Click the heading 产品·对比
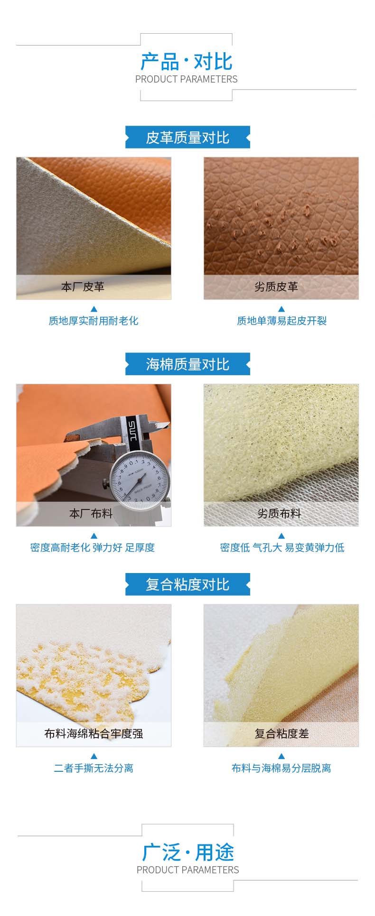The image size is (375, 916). tap(187, 62)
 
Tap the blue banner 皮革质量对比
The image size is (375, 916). tap(187, 138)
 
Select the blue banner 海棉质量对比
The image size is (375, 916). tap(187, 364)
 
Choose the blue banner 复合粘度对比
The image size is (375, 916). tap(187, 584)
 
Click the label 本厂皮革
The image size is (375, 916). tap(83, 287)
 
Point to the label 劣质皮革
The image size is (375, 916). tap(276, 287)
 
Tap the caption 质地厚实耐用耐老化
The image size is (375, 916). tap(94, 321)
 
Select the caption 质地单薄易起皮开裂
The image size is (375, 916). tap(282, 321)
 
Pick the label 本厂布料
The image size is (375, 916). tap(91, 513)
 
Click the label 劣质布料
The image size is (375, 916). tap(279, 513)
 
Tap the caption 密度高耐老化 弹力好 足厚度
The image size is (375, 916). tap(93, 547)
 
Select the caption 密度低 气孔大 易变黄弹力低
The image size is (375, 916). tap(282, 547)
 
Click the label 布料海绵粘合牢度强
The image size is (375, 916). tap(94, 733)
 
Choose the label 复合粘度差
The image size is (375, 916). tap(281, 733)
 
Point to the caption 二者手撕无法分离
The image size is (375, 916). tap(94, 768)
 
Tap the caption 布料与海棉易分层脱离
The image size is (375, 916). tap(281, 768)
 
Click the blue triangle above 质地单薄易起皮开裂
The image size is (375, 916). tap(281, 309)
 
